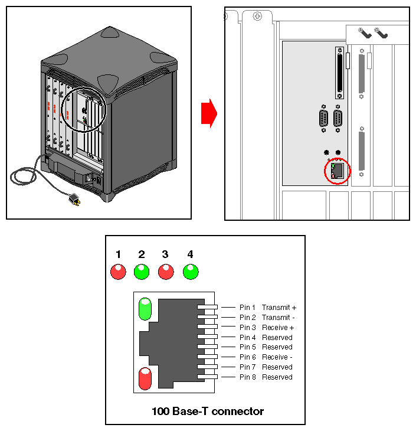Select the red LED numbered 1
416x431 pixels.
click(x=118, y=272)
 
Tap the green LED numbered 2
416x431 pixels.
click(x=142, y=272)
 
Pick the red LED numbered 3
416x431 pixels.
click(x=166, y=272)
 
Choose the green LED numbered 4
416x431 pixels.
click(x=191, y=272)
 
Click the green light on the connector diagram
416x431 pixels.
click(x=145, y=309)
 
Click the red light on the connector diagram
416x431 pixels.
click(x=145, y=378)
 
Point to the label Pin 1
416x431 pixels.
click(x=248, y=308)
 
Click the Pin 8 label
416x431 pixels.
click(x=248, y=377)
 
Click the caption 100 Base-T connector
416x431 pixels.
click(x=208, y=411)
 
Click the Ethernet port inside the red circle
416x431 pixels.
click(x=338, y=171)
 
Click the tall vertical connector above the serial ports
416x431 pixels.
click(x=339, y=73)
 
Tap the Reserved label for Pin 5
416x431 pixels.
click(x=277, y=347)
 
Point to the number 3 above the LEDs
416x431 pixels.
click(x=165, y=254)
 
